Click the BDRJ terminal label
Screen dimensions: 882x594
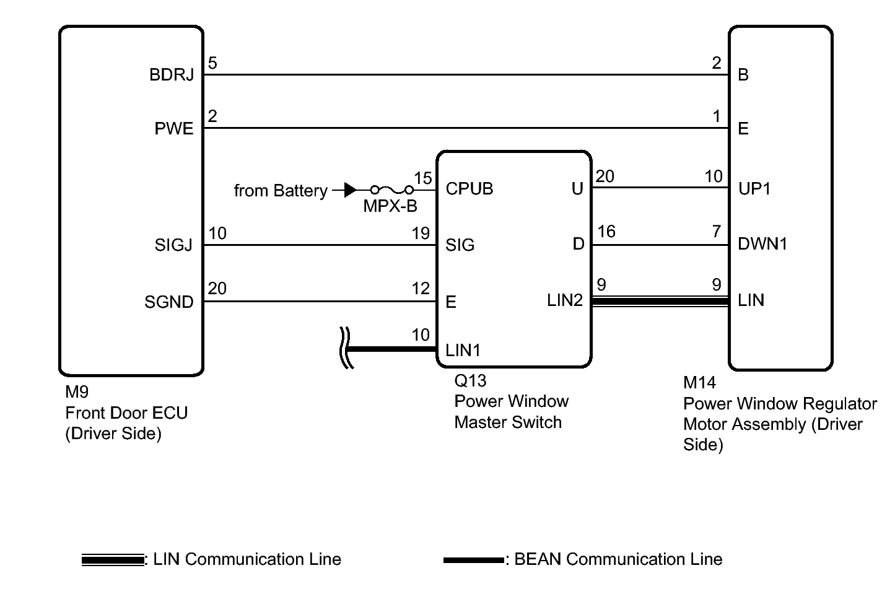pyautogui.click(x=172, y=74)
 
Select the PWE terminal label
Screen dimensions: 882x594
pyautogui.click(x=174, y=128)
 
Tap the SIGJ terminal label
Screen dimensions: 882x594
pyautogui.click(x=173, y=245)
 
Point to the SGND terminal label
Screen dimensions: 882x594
pyautogui.click(x=169, y=302)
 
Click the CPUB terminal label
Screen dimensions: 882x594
pyautogui.click(x=469, y=188)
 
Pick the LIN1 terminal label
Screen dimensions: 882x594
pyautogui.click(x=463, y=350)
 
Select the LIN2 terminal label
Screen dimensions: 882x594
pyautogui.click(x=565, y=300)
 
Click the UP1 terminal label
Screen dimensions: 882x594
pyautogui.click(x=754, y=188)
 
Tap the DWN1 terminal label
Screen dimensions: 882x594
pyautogui.click(x=762, y=244)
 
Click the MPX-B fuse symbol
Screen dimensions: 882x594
pyautogui.click(x=392, y=191)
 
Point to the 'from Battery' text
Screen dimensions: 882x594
pyautogui.click(x=281, y=191)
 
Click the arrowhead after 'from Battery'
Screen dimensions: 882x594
pyautogui.click(x=350, y=190)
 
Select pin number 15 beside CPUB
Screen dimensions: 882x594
pyautogui.click(x=423, y=178)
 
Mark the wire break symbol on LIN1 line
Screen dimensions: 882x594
pyautogui.click(x=345, y=348)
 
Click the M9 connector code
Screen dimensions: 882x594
pyautogui.click(x=77, y=391)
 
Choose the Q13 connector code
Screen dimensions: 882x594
pyautogui.click(x=470, y=380)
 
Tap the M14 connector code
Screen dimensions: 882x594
pyautogui.click(x=699, y=382)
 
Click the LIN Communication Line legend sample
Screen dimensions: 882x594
pyautogui.click(x=113, y=560)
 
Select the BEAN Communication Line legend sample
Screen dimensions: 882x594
pyautogui.click(x=474, y=560)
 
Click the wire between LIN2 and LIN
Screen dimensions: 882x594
pyautogui.click(x=660, y=302)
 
